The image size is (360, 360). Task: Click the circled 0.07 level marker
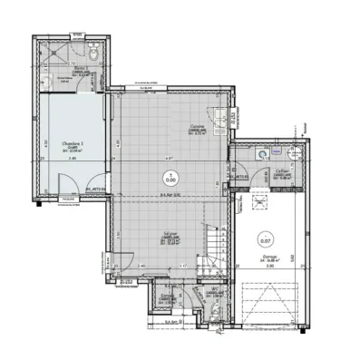click(x=266, y=240)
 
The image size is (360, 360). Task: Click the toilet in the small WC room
click(x=221, y=308)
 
